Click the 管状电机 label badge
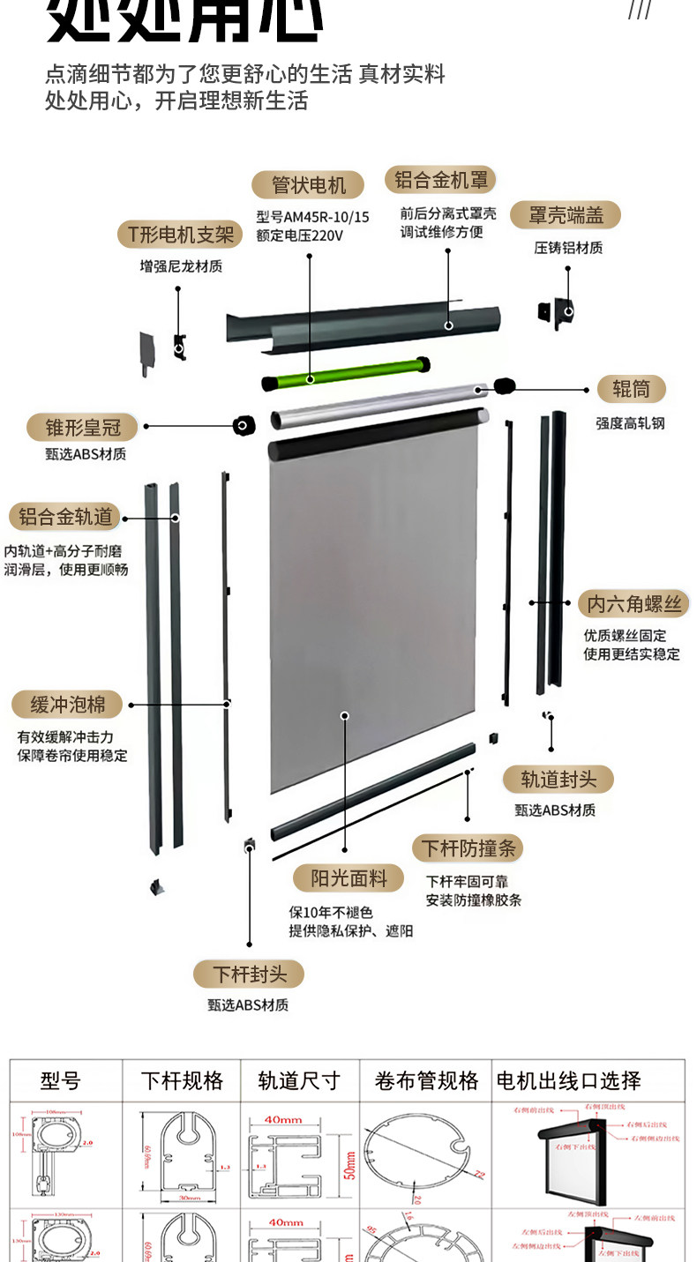307,185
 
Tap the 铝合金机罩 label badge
440,180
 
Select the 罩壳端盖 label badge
566,214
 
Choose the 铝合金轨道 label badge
64,517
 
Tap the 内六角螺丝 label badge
633,604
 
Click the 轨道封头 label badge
558,780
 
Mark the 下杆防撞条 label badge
468,848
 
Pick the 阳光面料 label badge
348,877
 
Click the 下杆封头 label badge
250,974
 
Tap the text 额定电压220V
299,235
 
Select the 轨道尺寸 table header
299,1080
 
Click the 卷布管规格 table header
426,1080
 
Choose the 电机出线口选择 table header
568,1080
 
